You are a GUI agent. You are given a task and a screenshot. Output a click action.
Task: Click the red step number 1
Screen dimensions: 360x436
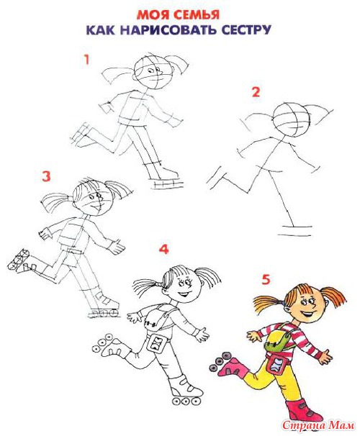coord(87,60)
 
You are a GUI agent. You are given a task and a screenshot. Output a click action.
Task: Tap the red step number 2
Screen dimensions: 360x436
coord(256,92)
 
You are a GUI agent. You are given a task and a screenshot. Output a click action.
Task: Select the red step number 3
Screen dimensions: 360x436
coord(46,176)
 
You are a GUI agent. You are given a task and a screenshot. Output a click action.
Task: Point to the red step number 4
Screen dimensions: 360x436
coord(164,249)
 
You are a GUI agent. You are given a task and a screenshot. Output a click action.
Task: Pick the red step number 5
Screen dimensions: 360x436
coord(266,279)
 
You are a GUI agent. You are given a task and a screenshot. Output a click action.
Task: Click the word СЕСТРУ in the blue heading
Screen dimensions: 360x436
coord(246,29)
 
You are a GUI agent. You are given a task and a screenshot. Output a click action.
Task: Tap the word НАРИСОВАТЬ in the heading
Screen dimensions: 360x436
coord(168,29)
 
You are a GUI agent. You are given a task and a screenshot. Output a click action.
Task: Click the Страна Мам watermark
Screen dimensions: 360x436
coord(318,425)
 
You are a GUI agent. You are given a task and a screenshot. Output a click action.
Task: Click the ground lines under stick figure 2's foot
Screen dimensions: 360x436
coord(297,231)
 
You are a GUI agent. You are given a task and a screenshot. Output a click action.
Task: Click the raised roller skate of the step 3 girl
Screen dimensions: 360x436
coord(20,260)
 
